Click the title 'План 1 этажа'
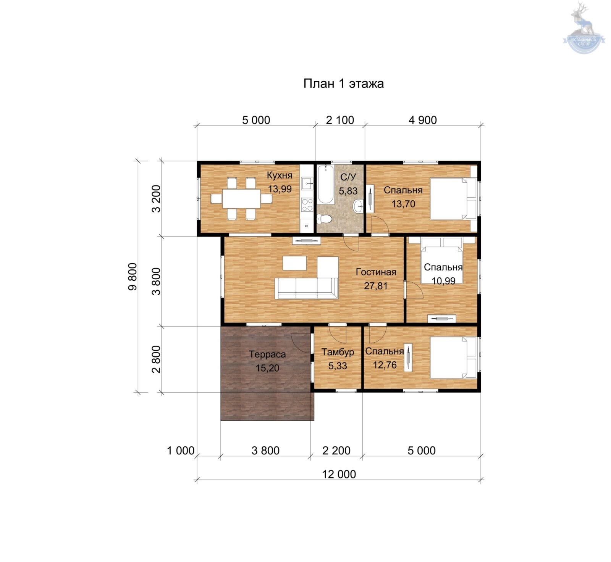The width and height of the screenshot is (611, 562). pyautogui.click(x=343, y=84)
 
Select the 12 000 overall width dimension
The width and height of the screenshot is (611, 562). pyautogui.click(x=339, y=474)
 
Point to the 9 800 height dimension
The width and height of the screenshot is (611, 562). pyautogui.click(x=133, y=277)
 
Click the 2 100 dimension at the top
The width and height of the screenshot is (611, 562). pyautogui.click(x=340, y=120)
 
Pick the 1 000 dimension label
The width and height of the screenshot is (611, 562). pyautogui.click(x=181, y=451)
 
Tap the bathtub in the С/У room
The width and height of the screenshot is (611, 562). pyautogui.click(x=325, y=184)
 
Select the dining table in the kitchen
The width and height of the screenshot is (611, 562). pyautogui.click(x=242, y=199)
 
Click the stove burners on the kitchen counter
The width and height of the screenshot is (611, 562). pyautogui.click(x=307, y=205)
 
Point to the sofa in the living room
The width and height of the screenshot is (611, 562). pyautogui.click(x=307, y=288)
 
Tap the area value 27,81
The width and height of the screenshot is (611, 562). pyautogui.click(x=376, y=286)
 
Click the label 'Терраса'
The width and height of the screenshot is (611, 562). pyautogui.click(x=267, y=354)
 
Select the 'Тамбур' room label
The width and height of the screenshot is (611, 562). pyautogui.click(x=338, y=352)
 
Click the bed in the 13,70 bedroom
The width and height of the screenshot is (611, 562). pyautogui.click(x=454, y=199)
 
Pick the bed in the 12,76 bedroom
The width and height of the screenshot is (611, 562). pyautogui.click(x=454, y=357)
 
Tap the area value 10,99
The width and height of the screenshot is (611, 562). pyautogui.click(x=443, y=281)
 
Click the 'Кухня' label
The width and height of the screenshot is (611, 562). pyautogui.click(x=280, y=176)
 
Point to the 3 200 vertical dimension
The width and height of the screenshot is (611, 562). pyautogui.click(x=157, y=198)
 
